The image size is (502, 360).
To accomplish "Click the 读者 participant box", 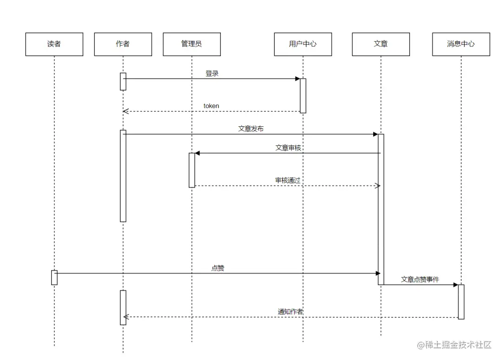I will pyautogui.click(x=54, y=44).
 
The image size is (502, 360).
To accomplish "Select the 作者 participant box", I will pyautogui.click(x=123, y=44).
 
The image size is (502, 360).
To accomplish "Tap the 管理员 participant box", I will pyautogui.click(x=192, y=44).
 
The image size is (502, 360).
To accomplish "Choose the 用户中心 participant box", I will pyautogui.click(x=303, y=44).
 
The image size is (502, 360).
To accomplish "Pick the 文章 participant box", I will pyautogui.click(x=381, y=44).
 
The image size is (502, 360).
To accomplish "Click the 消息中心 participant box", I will pyautogui.click(x=461, y=44).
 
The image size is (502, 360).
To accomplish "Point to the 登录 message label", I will pyautogui.click(x=212, y=73).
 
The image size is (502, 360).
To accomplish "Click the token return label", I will pyautogui.click(x=211, y=106).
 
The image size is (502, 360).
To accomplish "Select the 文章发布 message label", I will pyautogui.click(x=251, y=129).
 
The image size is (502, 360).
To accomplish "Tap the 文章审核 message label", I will pyautogui.click(x=288, y=148).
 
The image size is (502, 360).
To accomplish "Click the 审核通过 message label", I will pyautogui.click(x=287, y=180).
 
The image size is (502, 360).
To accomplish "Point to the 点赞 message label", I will pyautogui.click(x=218, y=268).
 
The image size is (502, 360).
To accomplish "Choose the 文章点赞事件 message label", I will pyautogui.click(x=420, y=279).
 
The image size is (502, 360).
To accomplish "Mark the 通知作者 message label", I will pyautogui.click(x=291, y=311).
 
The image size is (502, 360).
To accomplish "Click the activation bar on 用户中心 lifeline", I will pyautogui.click(x=303, y=95).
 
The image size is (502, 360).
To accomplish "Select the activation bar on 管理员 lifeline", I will pyautogui.click(x=192, y=170).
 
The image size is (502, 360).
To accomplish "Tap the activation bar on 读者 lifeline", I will pyautogui.click(x=54, y=277).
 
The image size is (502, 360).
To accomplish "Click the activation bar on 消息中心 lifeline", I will pyautogui.click(x=461, y=301).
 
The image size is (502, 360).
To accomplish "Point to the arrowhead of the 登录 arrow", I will pyautogui.click(x=297, y=79).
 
